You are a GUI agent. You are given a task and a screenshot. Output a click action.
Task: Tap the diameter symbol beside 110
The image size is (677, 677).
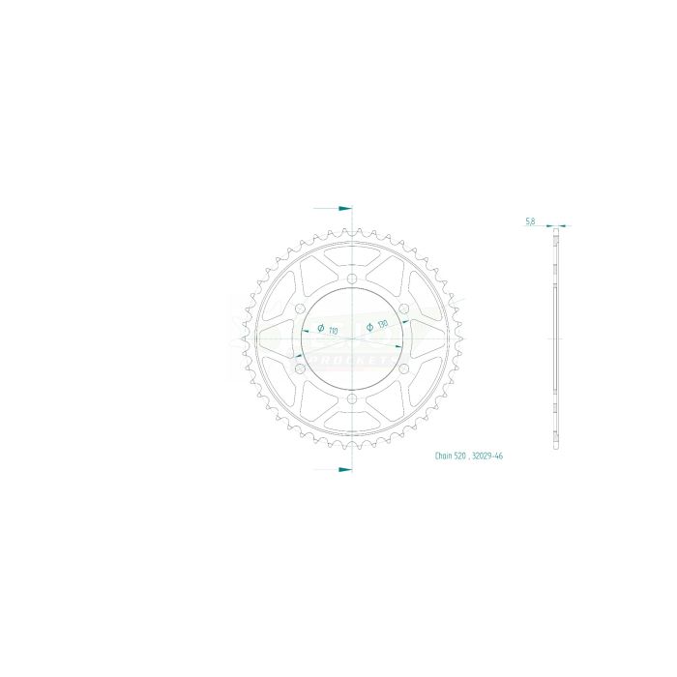pyautogui.click(x=320, y=330)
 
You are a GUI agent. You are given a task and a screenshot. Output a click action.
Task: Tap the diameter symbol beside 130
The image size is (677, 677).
pyautogui.click(x=369, y=329)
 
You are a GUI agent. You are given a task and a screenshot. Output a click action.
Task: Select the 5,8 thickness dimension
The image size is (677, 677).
pyautogui.click(x=530, y=221)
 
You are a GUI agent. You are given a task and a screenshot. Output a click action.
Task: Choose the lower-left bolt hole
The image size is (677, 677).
pyautogui.click(x=299, y=369)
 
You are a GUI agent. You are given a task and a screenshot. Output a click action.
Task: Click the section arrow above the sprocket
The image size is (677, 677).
pyautogui.click(x=343, y=208)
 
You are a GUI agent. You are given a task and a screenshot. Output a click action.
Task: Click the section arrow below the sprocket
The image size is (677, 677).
pyautogui.click(x=343, y=469)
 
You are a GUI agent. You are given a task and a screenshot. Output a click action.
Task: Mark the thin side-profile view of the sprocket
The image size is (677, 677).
pyautogui.click(x=555, y=338)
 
